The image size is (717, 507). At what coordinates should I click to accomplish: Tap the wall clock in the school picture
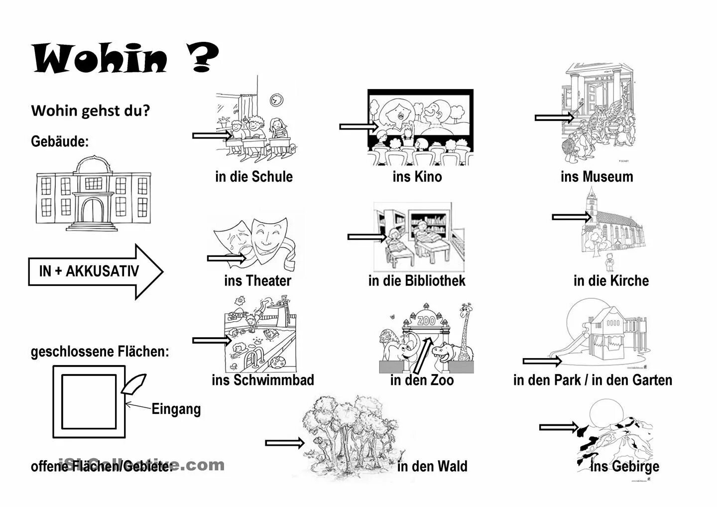276,100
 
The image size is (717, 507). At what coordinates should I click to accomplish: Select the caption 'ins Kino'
417,176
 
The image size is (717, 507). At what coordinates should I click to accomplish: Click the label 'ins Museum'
597,176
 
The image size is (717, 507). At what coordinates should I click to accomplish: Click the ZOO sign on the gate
426,321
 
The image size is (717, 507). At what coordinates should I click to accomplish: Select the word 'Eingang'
176,409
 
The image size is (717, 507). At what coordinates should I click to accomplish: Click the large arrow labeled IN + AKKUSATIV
95,271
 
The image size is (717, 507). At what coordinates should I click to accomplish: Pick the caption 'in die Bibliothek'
417,280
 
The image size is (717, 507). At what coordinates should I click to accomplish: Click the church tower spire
591,194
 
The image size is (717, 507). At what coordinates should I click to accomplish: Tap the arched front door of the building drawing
94,211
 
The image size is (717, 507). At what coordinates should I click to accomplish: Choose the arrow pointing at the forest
284,443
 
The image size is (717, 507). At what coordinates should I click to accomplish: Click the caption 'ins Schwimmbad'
263,380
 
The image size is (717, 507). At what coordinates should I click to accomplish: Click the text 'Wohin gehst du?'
90,111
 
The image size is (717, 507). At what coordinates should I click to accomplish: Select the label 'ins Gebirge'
624,467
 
